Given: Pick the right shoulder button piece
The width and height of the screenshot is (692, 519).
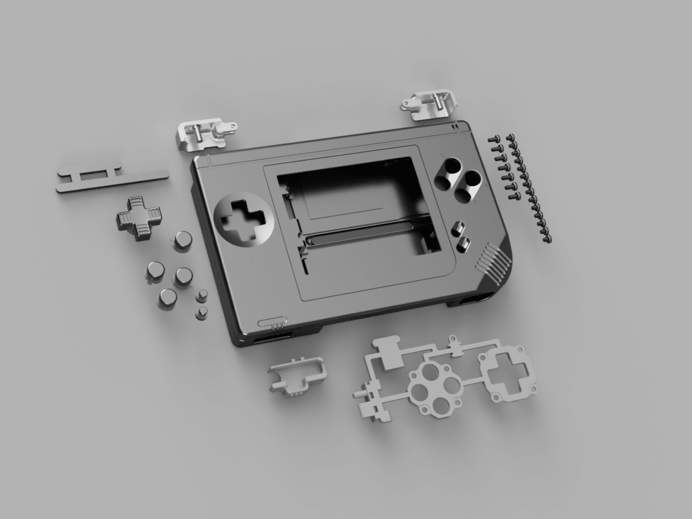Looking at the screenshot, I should (x=429, y=103).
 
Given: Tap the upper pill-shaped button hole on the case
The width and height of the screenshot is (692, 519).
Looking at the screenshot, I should (x=458, y=229).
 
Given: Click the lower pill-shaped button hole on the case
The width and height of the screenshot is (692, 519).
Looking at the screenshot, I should (x=464, y=244).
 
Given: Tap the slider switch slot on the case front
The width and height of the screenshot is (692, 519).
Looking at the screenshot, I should (x=271, y=324).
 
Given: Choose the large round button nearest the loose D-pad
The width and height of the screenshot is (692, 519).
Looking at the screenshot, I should (x=182, y=241).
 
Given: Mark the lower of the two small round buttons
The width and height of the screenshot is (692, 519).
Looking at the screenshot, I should (x=201, y=313).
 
